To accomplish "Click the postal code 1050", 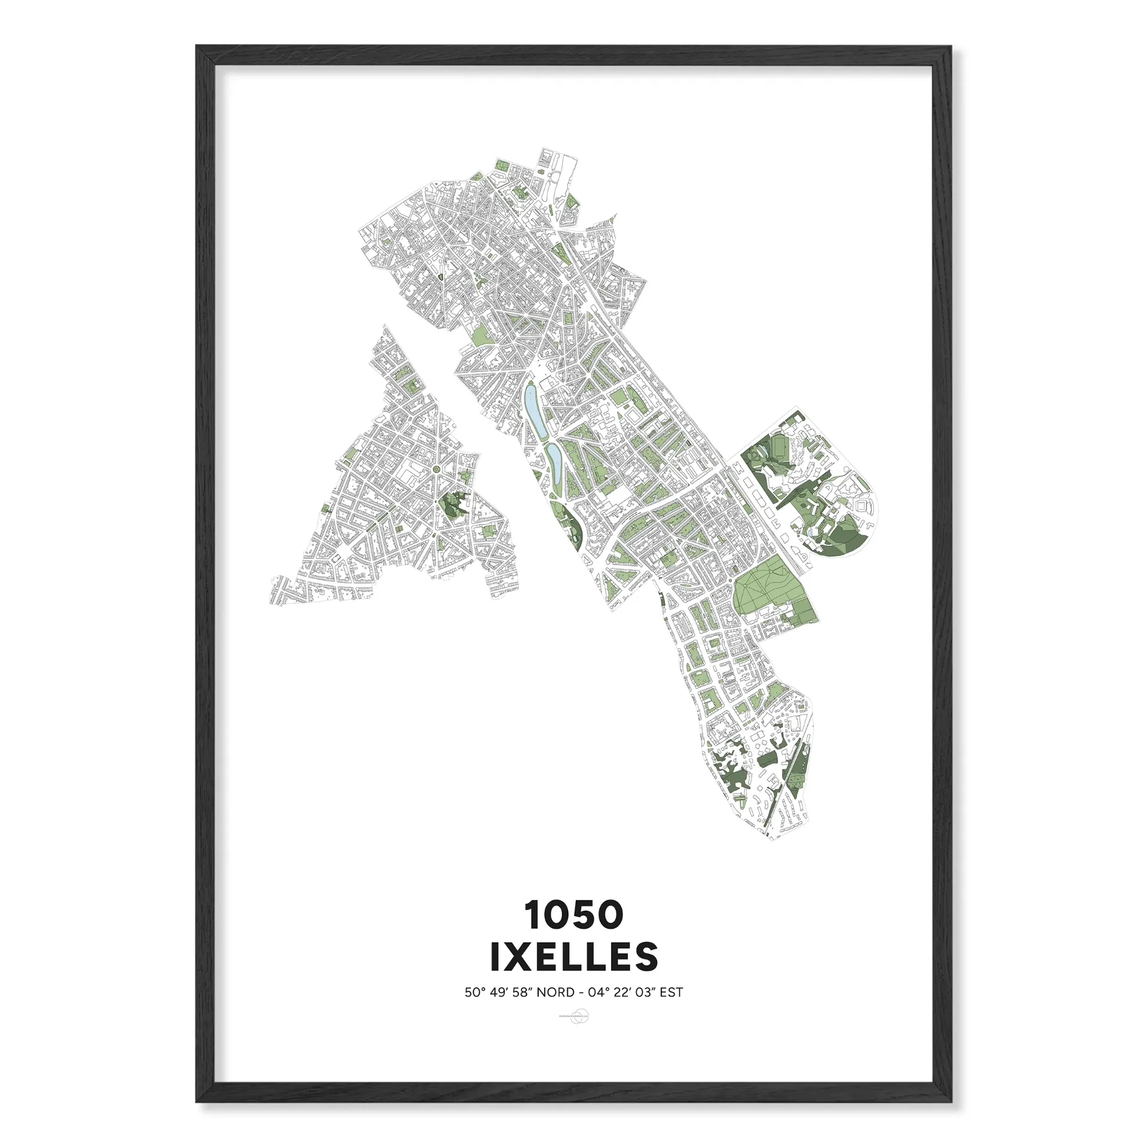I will tap(574, 915).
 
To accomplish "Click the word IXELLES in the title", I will tap(574, 956).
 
